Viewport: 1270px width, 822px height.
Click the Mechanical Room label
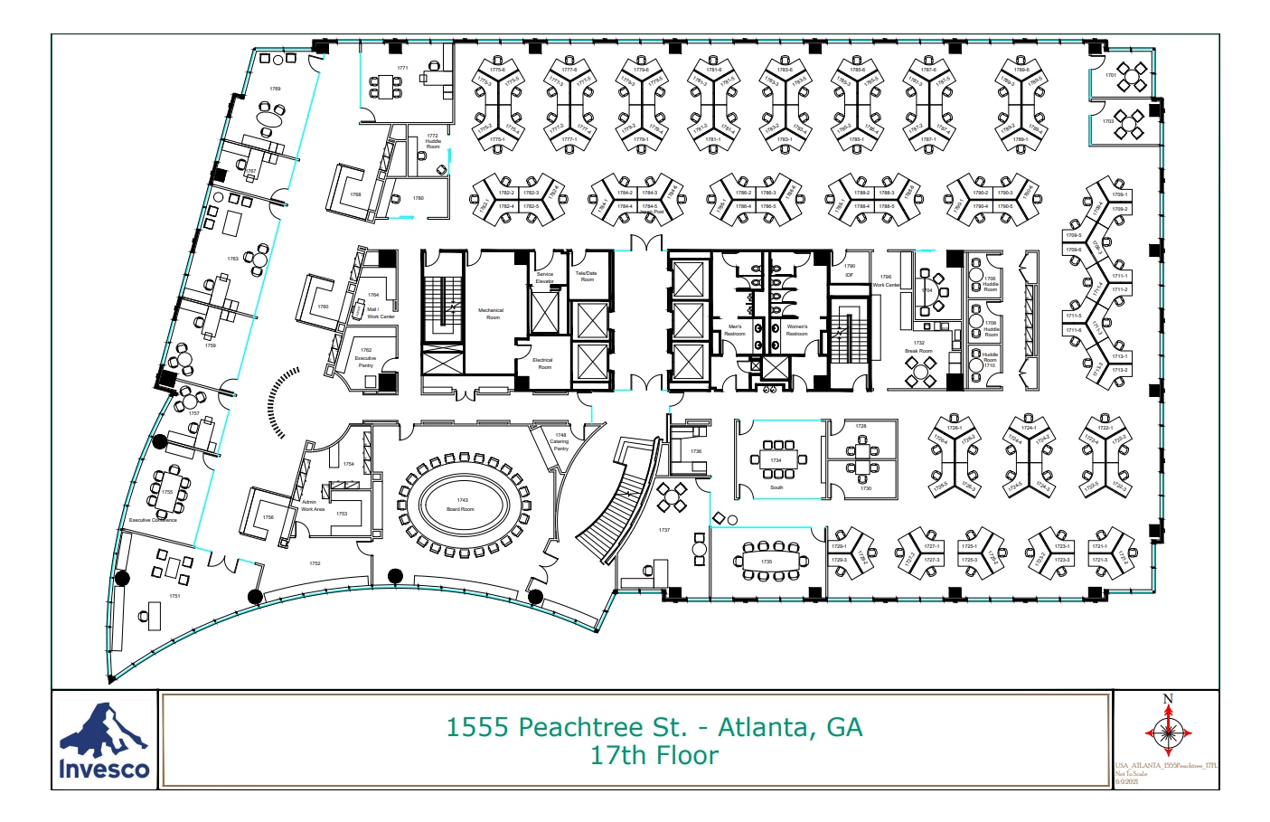coord(492,314)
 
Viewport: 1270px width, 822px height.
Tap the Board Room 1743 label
coord(461,505)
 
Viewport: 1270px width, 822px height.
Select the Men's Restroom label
coord(734,330)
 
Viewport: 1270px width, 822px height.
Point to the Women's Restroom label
coord(796,330)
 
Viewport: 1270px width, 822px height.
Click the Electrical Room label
coord(543,364)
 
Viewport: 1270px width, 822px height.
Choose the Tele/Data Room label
coord(586,276)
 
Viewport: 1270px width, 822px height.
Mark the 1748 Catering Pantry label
coord(560,441)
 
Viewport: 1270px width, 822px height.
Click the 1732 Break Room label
coord(918,347)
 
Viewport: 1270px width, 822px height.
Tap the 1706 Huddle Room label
coord(991,284)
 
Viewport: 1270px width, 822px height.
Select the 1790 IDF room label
coord(850,269)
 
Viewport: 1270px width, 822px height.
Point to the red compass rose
coord(1168,731)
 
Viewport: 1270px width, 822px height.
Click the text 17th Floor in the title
coord(654,756)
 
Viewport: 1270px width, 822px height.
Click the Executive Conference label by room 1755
coord(153,520)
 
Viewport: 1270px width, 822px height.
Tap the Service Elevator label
coord(545,277)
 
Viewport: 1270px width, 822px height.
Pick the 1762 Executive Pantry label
coord(366,358)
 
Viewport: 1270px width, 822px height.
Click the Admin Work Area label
coord(313,505)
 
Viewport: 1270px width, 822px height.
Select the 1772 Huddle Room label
coord(433,141)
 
